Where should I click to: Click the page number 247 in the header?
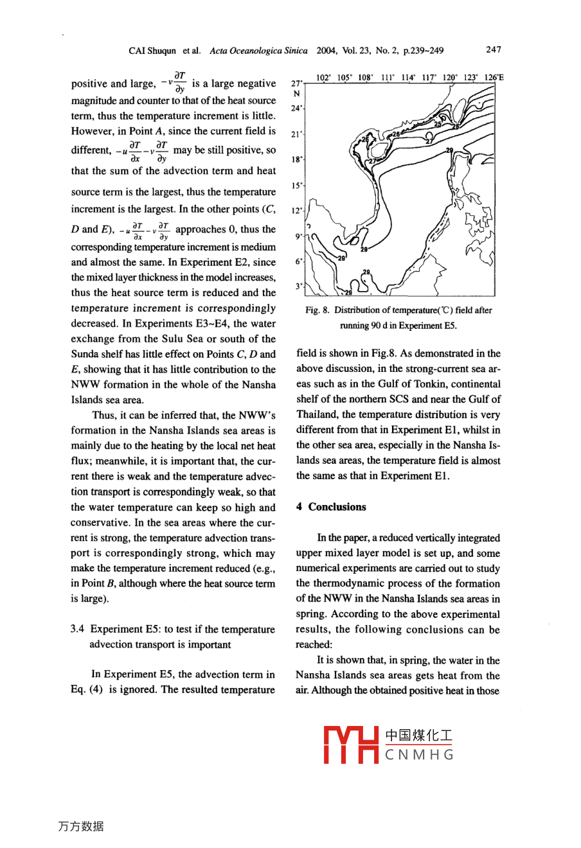point(494,49)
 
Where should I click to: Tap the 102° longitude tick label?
point(324,77)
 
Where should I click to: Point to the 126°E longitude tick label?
point(494,77)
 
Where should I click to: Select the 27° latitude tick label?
point(296,84)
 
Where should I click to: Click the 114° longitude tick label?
point(408,77)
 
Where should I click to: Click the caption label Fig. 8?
point(317,310)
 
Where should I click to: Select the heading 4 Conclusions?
point(331,507)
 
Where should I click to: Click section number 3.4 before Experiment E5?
point(78,629)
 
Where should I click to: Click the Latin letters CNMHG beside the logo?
point(419,755)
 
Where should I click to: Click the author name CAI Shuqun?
point(152,50)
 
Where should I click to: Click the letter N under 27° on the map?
point(296,94)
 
